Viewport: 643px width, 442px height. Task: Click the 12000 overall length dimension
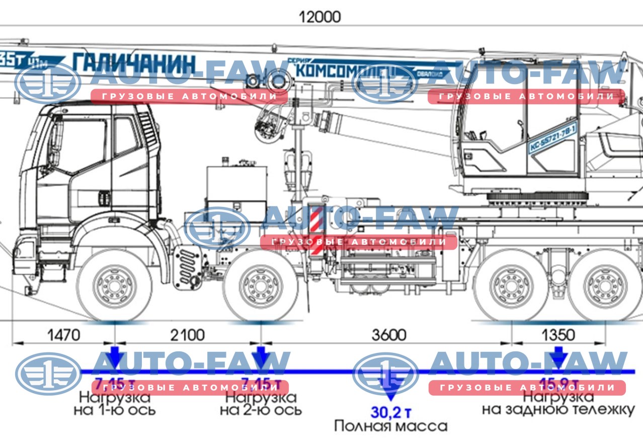point(319,17)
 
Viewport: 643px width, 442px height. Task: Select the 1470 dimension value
point(64,334)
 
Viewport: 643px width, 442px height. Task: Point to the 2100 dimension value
point(188,334)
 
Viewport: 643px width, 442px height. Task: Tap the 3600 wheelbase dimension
point(388,334)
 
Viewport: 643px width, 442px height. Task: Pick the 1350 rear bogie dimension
point(557,334)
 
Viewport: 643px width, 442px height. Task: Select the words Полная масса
point(390,426)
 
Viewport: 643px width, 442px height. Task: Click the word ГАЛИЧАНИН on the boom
point(134,63)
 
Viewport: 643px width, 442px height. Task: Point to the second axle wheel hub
point(260,285)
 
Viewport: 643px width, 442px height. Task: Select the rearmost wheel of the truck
point(599,285)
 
